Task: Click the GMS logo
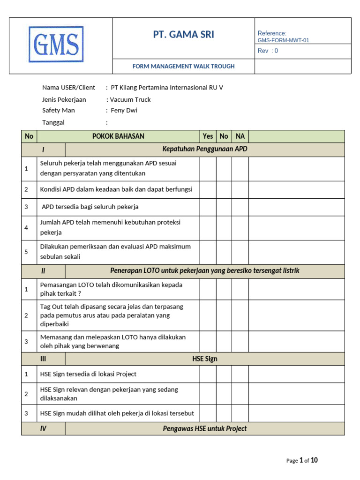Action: tap(56, 45)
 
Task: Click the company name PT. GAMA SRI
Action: tap(184, 35)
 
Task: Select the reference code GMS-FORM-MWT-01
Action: tap(283, 40)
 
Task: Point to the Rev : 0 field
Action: tap(268, 51)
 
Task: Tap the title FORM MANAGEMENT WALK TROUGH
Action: tap(183, 66)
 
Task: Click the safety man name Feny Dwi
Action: tap(124, 111)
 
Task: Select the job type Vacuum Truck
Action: tap(130, 99)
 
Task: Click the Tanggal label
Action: tap(53, 122)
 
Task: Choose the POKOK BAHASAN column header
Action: tap(118, 136)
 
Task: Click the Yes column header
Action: tap(208, 136)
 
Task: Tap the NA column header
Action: tap(240, 136)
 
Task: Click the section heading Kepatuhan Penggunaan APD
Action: tap(204, 150)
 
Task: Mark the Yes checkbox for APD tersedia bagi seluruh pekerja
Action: tap(208, 207)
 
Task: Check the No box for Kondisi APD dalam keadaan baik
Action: tap(224, 189)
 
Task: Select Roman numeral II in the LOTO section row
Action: tap(43, 271)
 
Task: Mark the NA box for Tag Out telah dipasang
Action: tap(240, 315)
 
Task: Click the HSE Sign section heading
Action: tap(204, 359)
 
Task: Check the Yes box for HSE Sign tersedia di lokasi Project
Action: tap(208, 374)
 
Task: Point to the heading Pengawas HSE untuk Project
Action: tap(204, 428)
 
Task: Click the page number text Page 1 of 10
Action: tap(302, 460)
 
